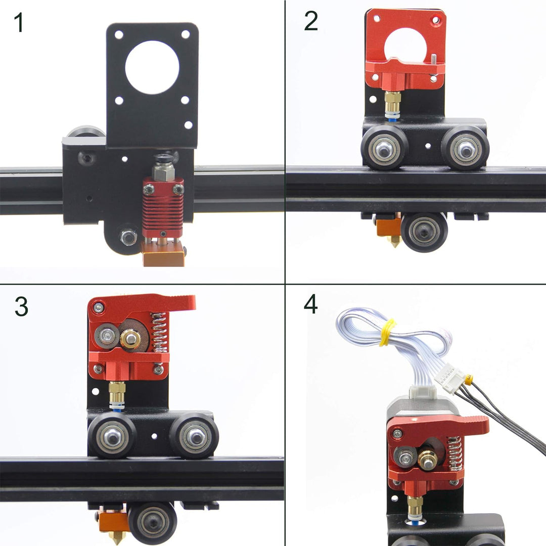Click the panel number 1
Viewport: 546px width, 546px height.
pyautogui.click(x=19, y=23)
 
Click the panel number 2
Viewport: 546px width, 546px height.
pyautogui.click(x=311, y=21)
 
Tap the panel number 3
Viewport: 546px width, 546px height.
pyautogui.click(x=21, y=307)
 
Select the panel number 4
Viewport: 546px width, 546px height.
pyautogui.click(x=311, y=304)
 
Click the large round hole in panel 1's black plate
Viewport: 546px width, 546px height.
pyautogui.click(x=152, y=67)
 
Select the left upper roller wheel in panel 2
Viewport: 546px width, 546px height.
pyautogui.click(x=384, y=148)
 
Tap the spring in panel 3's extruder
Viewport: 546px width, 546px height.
pyautogui.click(x=159, y=332)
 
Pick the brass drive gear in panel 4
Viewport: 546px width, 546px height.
pyautogui.click(x=428, y=458)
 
